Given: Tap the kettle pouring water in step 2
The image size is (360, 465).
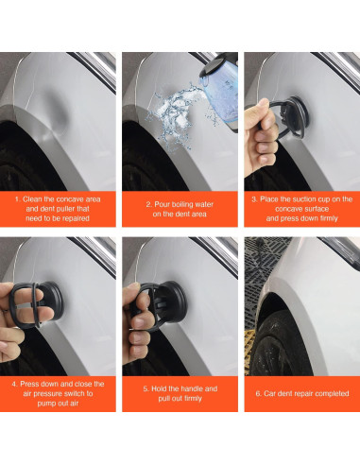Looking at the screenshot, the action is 218,88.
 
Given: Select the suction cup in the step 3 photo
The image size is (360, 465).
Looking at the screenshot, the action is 289,117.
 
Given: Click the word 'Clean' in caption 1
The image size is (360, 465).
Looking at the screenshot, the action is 32,199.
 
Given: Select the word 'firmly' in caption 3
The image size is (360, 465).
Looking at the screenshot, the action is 328,218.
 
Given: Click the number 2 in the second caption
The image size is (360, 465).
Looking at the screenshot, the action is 148,204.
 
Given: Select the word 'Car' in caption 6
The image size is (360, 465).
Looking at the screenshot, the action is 269,394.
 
